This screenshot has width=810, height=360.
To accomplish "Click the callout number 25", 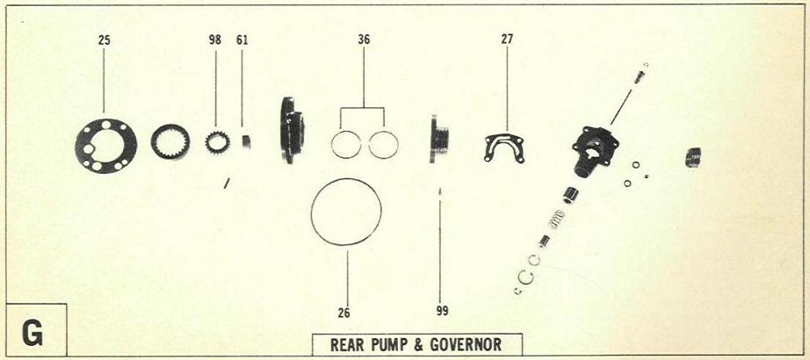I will tap(105, 40).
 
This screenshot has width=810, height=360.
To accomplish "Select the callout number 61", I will tap(242, 40).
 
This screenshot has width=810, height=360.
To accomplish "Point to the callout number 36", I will tap(364, 40).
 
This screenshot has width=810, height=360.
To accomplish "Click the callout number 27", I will tap(508, 40).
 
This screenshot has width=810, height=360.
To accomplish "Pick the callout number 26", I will tap(347, 311).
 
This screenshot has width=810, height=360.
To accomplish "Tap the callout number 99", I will tap(441, 311).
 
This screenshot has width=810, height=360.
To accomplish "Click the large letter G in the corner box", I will tap(34, 334).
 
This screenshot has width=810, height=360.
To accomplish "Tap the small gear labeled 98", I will tap(217, 141).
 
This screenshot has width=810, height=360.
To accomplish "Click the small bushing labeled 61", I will tap(246, 140).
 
